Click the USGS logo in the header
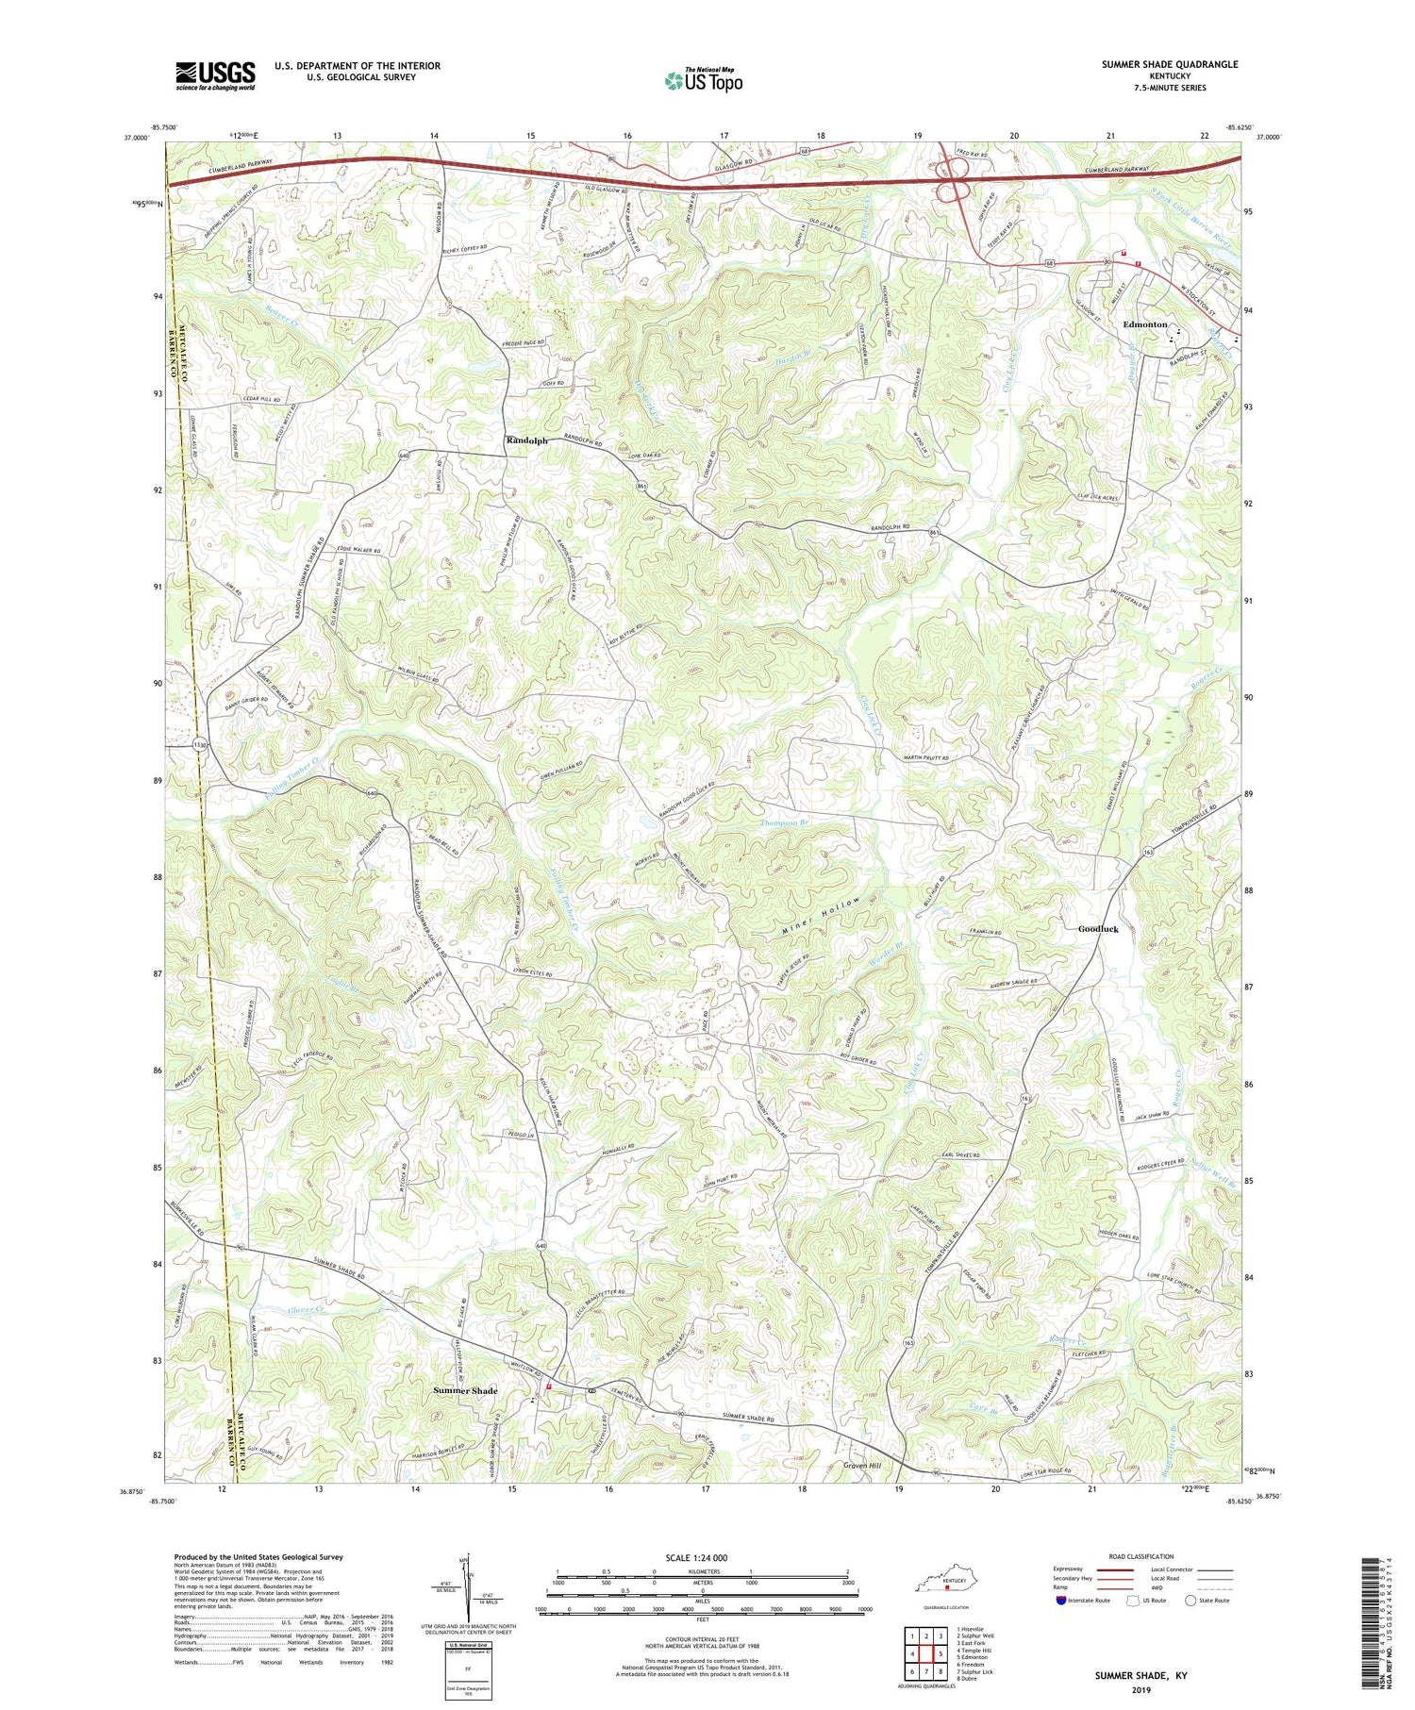pyautogui.click(x=215, y=75)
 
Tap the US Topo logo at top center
pyautogui.click(x=703, y=80)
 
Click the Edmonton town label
pyautogui.click(x=1145, y=324)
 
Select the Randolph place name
pyautogui.click(x=526, y=440)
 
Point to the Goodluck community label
pyautogui.click(x=1098, y=929)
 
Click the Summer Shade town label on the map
pyautogui.click(x=465, y=1391)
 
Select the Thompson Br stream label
pyautogui.click(x=785, y=823)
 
